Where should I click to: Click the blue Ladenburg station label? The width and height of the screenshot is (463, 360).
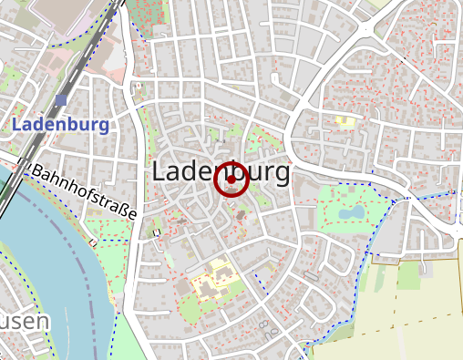pyautogui.click(x=62, y=125)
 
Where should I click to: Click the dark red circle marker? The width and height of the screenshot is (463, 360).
pyautogui.click(x=231, y=180)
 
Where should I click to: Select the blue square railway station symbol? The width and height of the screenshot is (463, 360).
pyautogui.click(x=61, y=99)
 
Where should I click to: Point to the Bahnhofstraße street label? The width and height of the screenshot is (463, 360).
pyautogui.click(x=83, y=191)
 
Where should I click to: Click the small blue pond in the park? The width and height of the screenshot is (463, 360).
pyautogui.click(x=350, y=212)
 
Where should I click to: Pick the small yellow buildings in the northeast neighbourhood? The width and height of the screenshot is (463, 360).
pyautogui.click(x=344, y=119)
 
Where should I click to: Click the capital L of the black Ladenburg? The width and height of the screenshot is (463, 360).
pyautogui.click(x=159, y=171)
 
